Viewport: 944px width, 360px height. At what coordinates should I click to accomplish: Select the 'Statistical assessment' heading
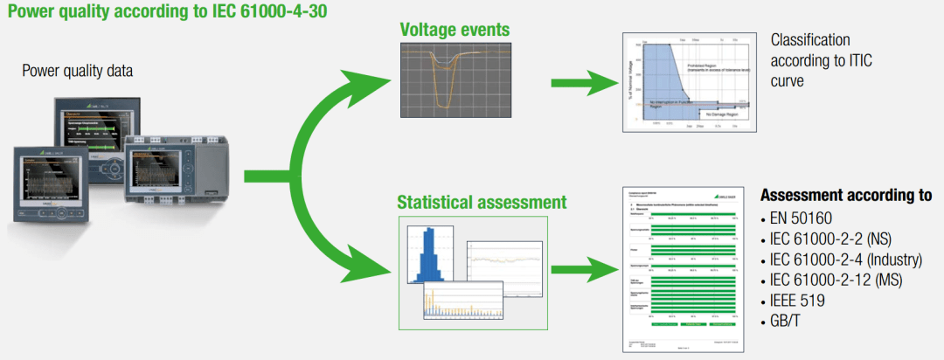[482, 202]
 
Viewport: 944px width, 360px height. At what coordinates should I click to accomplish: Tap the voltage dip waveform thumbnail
[455, 84]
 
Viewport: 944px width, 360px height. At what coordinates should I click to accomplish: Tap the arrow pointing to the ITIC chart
[581, 85]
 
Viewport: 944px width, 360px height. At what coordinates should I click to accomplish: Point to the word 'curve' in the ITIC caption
[788, 81]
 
